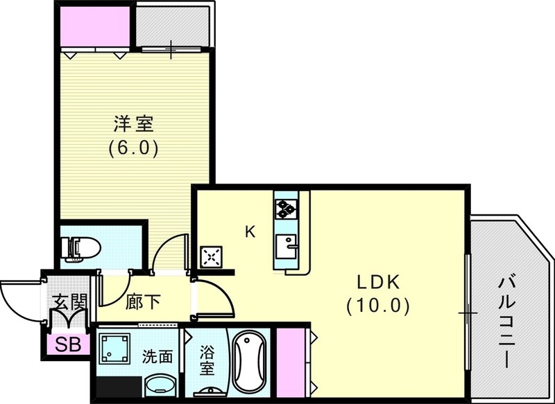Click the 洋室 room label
click(133, 125)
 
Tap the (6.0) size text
click(133, 148)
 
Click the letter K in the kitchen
click(250, 232)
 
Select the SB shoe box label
click(67, 344)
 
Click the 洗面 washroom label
click(158, 358)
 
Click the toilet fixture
click(80, 247)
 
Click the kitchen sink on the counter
click(286, 244)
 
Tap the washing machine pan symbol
click(115, 348)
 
